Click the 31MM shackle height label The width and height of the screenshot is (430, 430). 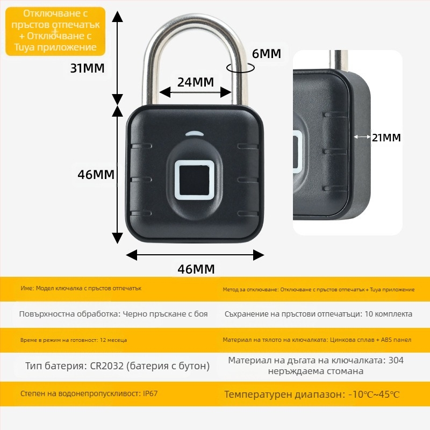point(87,68)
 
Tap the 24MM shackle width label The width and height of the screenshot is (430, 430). point(196,82)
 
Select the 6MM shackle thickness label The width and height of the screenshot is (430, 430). point(267,54)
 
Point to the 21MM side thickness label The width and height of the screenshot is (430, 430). point(386,138)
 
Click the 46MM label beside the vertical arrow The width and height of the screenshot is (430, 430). point(96,175)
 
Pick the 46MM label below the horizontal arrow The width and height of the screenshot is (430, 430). point(196,269)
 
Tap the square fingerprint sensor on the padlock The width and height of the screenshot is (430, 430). point(195,180)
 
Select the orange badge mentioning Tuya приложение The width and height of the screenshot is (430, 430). point(56,31)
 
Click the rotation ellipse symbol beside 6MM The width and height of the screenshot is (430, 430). point(240,67)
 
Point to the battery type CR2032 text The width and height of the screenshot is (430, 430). point(117,366)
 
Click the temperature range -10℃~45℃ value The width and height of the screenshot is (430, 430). point(374,395)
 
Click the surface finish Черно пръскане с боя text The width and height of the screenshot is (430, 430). point(165,314)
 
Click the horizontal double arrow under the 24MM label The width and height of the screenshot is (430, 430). point(196,93)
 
